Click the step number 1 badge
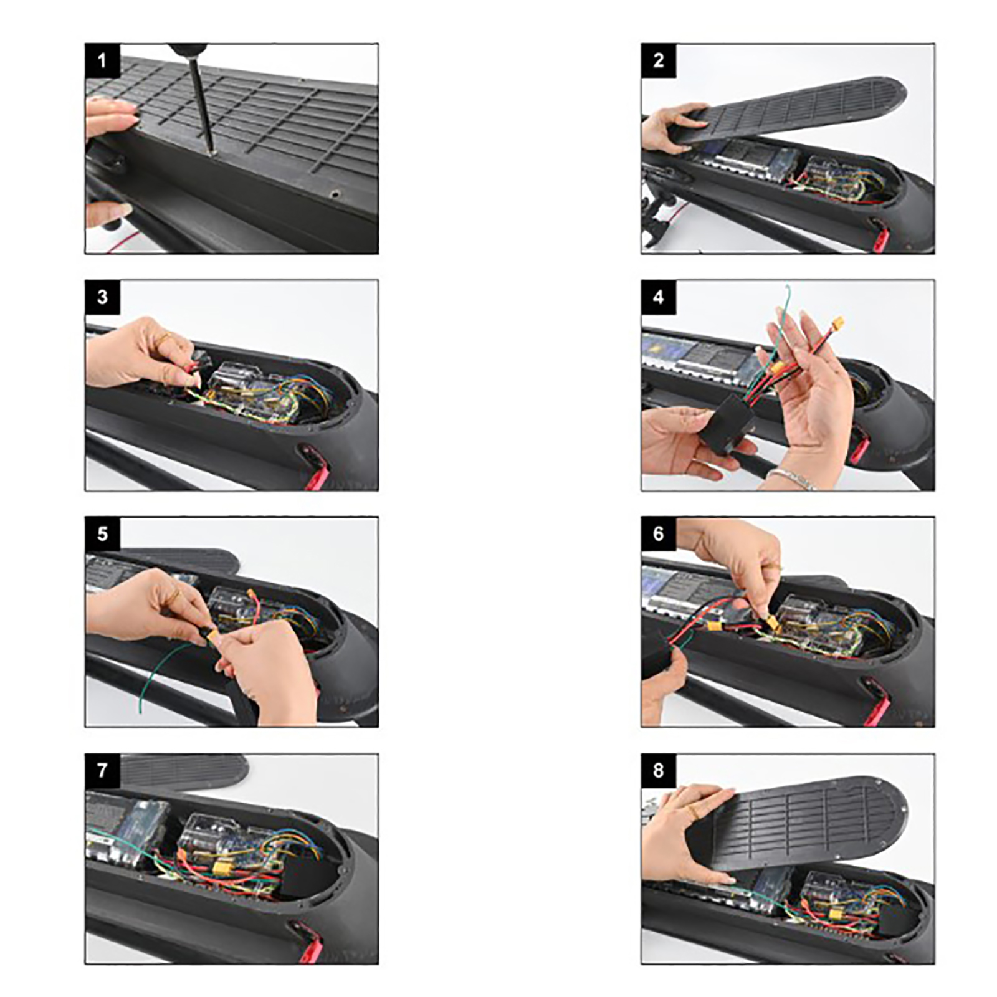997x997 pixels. point(102,60)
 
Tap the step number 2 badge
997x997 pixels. point(659,60)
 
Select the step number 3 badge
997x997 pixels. point(102,297)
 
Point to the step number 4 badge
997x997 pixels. point(659,297)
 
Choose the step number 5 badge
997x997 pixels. point(102,534)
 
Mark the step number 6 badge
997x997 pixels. point(659,534)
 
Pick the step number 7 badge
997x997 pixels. point(102,771)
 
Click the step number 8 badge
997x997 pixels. point(659,771)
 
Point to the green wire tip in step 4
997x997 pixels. point(788,288)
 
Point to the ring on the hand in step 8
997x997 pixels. point(692,811)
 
